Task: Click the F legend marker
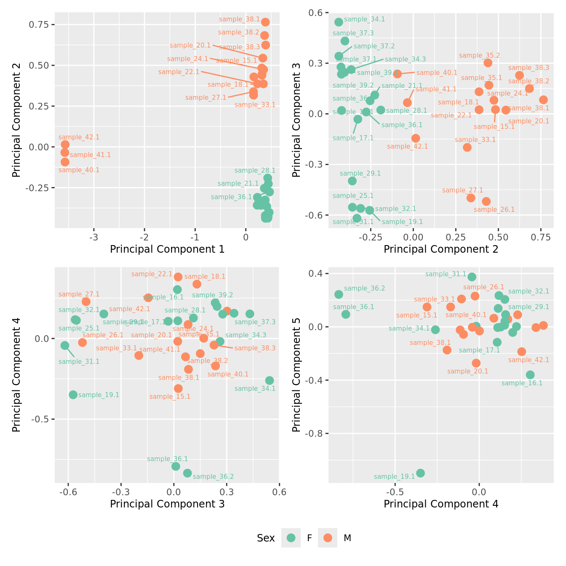291,538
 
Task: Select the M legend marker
328,538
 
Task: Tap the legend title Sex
266,538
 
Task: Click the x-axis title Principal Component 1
167,249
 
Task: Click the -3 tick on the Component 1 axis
94,237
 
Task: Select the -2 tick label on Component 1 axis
144,237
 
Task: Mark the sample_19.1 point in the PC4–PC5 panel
420,473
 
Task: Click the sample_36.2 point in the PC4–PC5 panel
339,294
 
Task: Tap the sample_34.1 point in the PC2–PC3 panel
339,22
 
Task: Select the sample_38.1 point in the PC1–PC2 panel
265,22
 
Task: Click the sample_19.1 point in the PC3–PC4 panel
73,395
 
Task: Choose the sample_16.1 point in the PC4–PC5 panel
530,375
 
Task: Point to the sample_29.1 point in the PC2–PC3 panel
352,181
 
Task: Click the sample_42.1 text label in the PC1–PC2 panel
79,137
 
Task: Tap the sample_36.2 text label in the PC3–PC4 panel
213,477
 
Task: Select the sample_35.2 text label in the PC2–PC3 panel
480,56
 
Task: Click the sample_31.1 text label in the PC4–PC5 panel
446,274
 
